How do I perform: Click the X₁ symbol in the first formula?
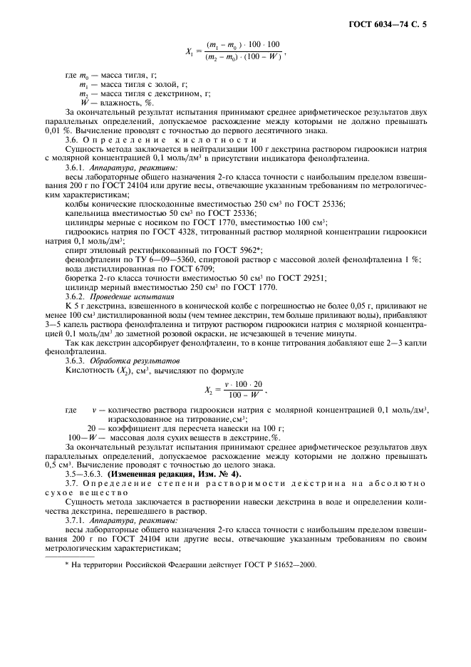pyautogui.click(x=190, y=51)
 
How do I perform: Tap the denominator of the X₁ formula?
pyautogui.click(x=244, y=57)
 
